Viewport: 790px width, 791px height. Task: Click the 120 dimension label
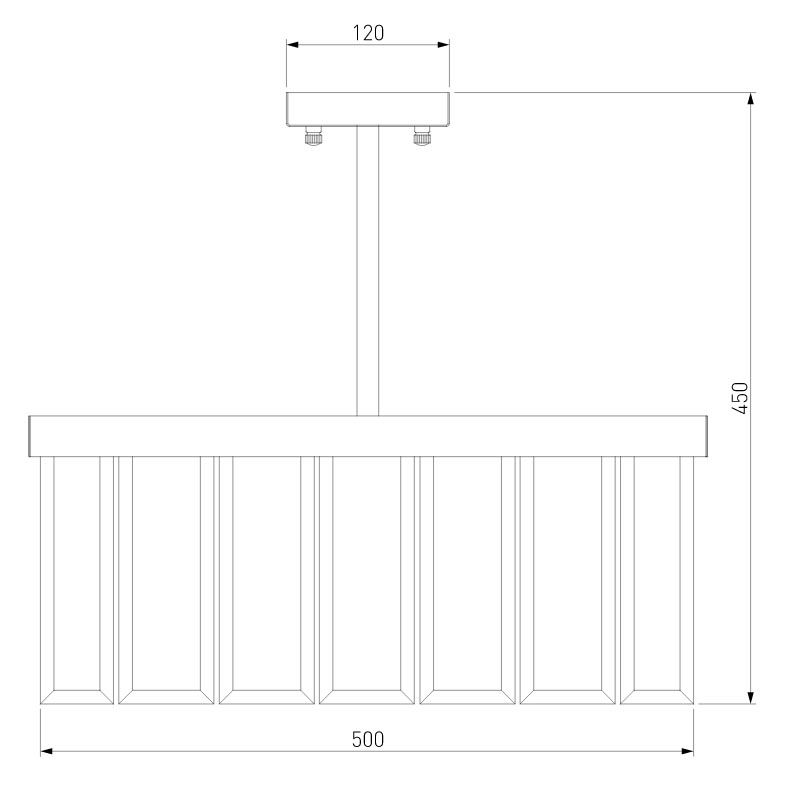368,33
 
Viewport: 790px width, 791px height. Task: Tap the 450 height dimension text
740,398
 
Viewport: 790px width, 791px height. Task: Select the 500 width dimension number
368,740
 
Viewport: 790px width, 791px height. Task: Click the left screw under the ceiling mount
313,136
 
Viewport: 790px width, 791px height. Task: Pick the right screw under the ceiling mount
422,136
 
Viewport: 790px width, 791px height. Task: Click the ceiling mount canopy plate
368,109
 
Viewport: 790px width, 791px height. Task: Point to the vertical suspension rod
368,271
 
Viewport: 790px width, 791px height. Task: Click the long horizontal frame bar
368,436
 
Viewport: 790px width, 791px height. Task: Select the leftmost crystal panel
77,580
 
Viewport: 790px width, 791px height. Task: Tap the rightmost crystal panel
657,580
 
